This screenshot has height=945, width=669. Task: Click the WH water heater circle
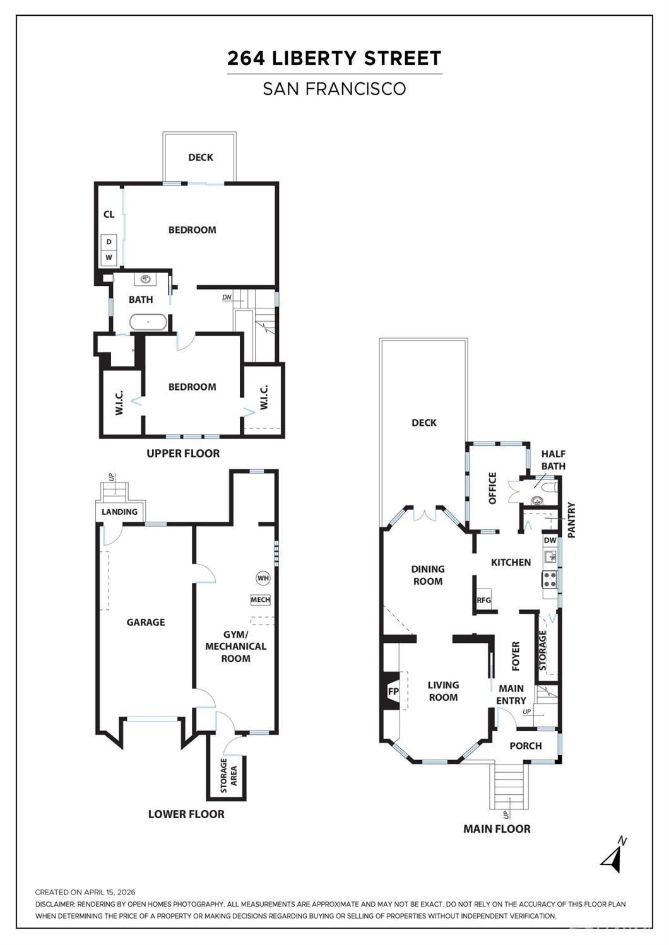(x=263, y=578)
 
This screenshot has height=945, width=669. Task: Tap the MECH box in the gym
(x=261, y=599)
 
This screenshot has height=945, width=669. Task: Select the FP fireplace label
(x=393, y=691)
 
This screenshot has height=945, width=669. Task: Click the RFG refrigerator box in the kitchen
(x=483, y=600)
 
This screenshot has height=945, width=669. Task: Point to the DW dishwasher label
(x=550, y=541)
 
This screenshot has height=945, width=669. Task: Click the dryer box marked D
(x=109, y=242)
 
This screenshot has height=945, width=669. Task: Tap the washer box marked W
(x=109, y=257)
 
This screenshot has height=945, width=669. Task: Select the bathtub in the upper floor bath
(x=148, y=322)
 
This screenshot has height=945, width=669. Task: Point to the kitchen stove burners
(x=550, y=579)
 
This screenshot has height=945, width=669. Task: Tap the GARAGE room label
(x=146, y=622)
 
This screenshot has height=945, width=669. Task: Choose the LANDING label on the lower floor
(x=119, y=512)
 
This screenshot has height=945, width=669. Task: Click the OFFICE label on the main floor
(x=492, y=488)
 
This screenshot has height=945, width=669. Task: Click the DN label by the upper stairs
(x=227, y=297)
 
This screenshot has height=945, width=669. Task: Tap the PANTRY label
(x=572, y=520)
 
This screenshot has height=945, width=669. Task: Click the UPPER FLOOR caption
(x=183, y=454)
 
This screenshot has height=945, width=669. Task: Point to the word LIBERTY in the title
(x=314, y=58)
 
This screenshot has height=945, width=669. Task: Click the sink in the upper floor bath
(x=146, y=278)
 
